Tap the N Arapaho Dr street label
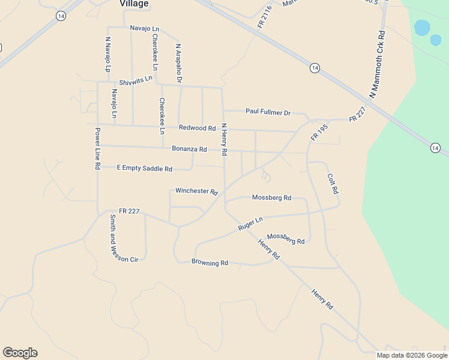178,62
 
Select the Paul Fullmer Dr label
268,112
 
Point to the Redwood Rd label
197,128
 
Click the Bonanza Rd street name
189,149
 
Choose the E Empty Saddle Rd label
144,169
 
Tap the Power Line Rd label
97,148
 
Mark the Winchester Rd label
196,191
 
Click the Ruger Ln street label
250,224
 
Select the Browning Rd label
209,262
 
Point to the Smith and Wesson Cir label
112,238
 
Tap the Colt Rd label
333,184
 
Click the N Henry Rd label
223,140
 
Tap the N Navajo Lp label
108,55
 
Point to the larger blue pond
422,28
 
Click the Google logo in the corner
20,353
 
